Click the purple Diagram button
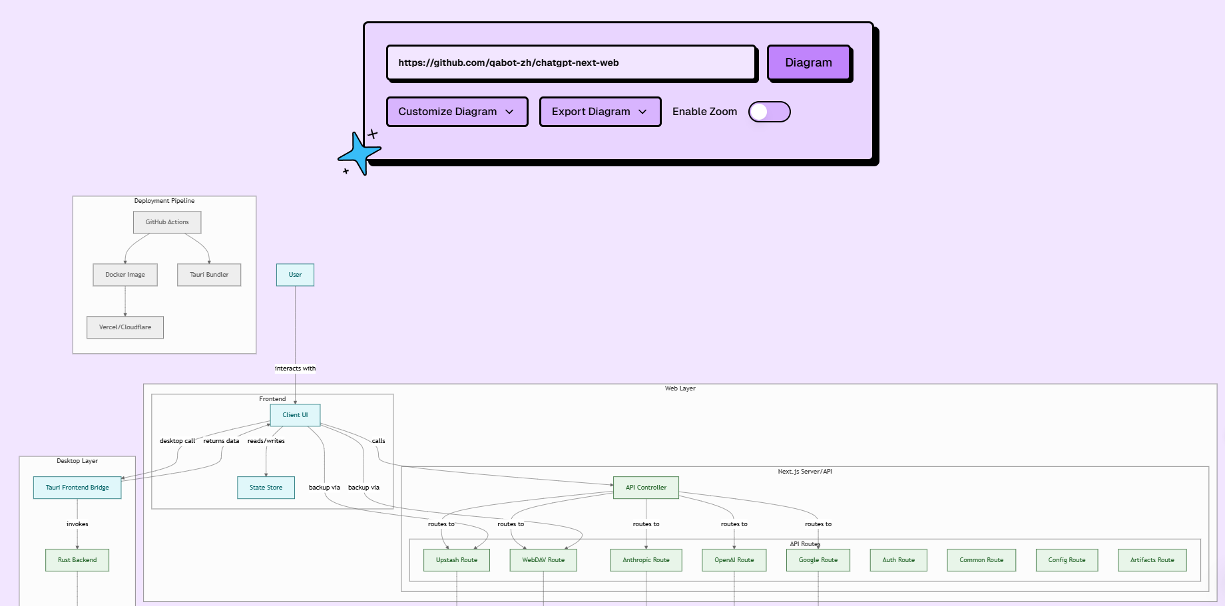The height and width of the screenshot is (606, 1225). [x=809, y=63]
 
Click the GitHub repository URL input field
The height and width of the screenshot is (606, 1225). [x=571, y=63]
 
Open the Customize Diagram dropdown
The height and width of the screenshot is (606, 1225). [x=457, y=112]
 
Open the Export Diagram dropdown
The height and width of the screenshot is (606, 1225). [x=600, y=112]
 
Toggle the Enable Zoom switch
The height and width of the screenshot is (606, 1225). [x=769, y=112]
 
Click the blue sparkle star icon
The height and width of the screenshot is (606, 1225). [x=360, y=154]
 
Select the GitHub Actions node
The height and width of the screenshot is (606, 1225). [x=167, y=222]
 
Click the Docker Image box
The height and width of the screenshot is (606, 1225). [x=125, y=275]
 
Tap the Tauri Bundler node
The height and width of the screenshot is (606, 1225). [x=209, y=275]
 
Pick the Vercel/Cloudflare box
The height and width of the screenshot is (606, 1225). [x=125, y=327]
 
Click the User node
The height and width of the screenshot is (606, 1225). [x=295, y=275]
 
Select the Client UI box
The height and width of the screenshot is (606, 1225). [x=295, y=415]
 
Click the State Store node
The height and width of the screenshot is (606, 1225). [x=266, y=488]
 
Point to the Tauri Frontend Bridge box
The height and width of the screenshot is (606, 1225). [x=77, y=488]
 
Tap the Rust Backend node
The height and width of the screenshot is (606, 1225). [x=77, y=560]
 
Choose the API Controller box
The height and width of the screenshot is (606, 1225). [x=646, y=488]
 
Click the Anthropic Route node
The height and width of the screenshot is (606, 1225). [x=646, y=560]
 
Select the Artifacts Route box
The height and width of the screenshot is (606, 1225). [x=1152, y=560]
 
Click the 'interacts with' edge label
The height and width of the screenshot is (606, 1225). [x=296, y=369]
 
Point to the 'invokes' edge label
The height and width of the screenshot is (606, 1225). [x=77, y=524]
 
